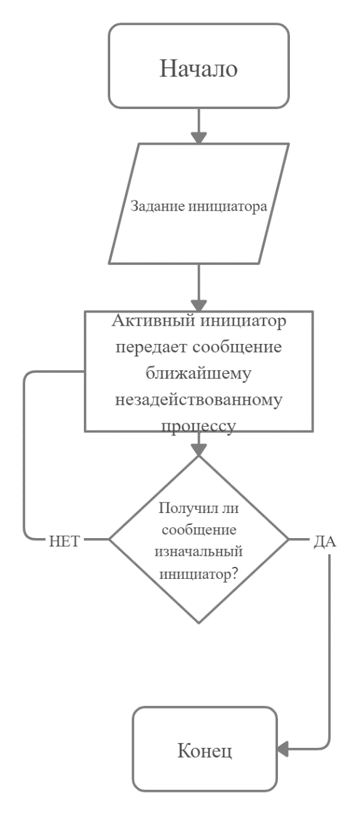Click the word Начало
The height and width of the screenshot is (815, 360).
198,68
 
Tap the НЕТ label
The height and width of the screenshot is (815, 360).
64,542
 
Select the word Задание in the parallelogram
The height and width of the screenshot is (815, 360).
158,206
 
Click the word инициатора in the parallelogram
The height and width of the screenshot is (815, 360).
228,207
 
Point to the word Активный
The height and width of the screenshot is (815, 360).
153,321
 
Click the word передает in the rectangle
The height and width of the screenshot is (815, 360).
152,347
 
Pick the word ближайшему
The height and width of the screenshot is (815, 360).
198,373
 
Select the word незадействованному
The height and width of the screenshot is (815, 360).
198,400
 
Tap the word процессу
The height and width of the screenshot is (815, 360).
198,427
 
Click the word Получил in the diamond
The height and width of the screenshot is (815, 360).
185,508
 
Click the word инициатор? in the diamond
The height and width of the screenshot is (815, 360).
198,574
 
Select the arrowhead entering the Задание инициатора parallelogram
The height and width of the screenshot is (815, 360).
198,138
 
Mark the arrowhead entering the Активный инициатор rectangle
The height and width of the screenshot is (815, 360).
198,306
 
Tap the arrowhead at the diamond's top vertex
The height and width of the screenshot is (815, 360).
198,450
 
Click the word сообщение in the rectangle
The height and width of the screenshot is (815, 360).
237,347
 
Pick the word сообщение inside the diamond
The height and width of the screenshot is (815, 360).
199,530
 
